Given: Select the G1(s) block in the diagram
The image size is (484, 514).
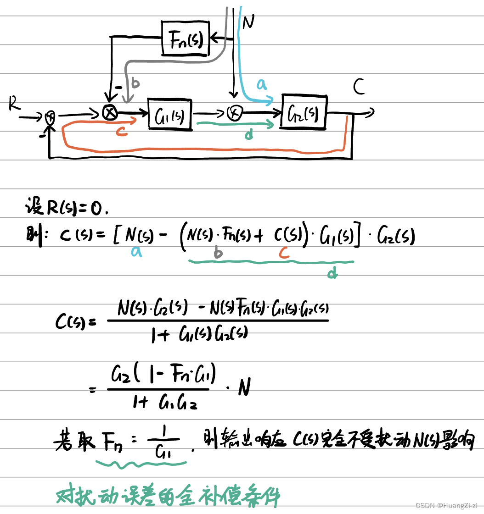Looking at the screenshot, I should tap(170, 114).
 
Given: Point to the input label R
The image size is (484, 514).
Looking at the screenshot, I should tap(14, 105).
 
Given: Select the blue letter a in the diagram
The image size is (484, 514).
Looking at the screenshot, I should tap(261, 84).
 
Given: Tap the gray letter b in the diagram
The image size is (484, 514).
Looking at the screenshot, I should tap(135, 83).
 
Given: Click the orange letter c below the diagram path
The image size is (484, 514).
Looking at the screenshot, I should tap(122, 131).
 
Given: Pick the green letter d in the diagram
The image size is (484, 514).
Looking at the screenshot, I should tap(248, 135).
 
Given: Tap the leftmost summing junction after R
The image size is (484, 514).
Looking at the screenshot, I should tap(50, 118).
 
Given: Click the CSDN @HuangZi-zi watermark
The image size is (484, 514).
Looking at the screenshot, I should tap(446, 505).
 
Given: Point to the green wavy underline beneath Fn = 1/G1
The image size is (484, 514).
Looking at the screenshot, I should tap(141, 465).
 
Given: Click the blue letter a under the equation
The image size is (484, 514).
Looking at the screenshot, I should tap(136, 251).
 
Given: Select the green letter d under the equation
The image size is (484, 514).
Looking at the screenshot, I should tap(332, 274).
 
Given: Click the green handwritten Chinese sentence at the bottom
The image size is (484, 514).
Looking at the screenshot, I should tap(168, 496).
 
